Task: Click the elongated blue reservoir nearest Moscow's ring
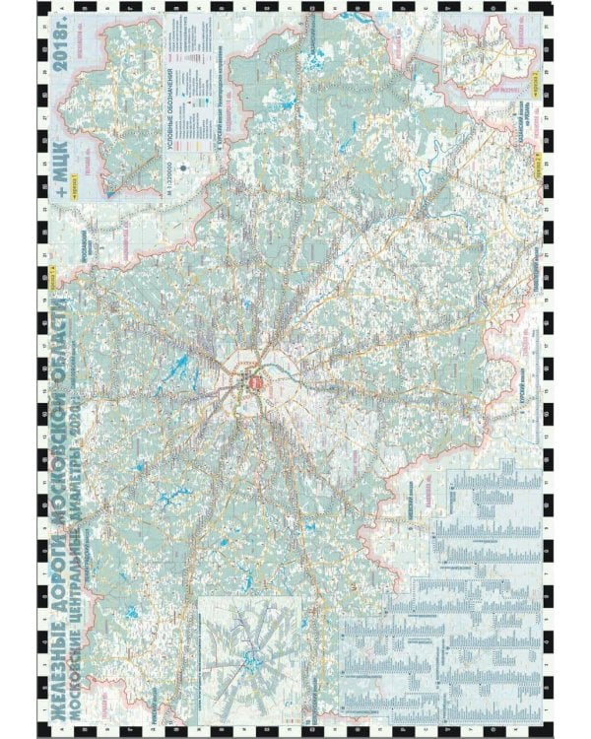coord(180,371)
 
